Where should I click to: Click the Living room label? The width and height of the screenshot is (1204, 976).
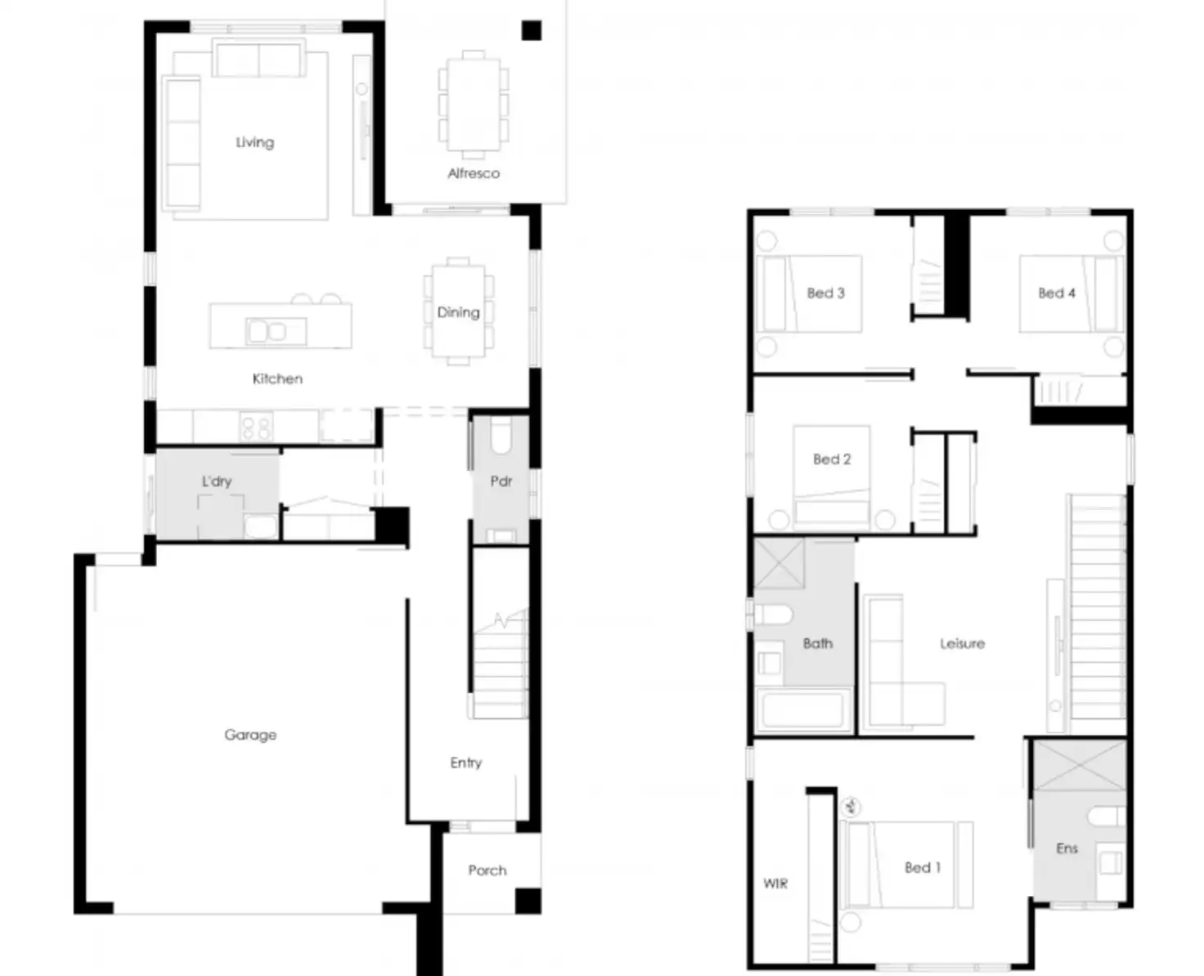pyautogui.click(x=254, y=142)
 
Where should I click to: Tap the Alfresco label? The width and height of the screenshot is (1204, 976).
pyautogui.click(x=474, y=173)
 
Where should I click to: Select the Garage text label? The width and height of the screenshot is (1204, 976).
pyautogui.click(x=250, y=735)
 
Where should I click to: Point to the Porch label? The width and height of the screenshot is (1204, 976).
pyautogui.click(x=487, y=871)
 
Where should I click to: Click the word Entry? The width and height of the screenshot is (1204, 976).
pyautogui.click(x=465, y=763)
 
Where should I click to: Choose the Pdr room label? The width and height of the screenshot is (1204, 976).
pyautogui.click(x=501, y=481)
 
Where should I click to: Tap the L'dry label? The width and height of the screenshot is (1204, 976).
pyautogui.click(x=217, y=481)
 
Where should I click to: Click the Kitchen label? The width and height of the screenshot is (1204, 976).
pyautogui.click(x=277, y=378)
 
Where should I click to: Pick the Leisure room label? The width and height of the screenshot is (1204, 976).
pyautogui.click(x=962, y=643)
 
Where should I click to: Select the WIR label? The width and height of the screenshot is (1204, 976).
pyautogui.click(x=775, y=884)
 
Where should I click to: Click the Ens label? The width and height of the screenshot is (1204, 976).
pyautogui.click(x=1067, y=848)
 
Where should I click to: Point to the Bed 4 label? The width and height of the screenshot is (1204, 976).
pyautogui.click(x=1057, y=293)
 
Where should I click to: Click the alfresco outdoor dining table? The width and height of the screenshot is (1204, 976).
pyautogui.click(x=474, y=104)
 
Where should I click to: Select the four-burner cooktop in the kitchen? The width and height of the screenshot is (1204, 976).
pyautogui.click(x=255, y=428)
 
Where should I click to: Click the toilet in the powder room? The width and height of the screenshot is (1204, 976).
pyautogui.click(x=501, y=437)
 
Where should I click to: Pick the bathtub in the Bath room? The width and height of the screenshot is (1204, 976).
pyautogui.click(x=802, y=710)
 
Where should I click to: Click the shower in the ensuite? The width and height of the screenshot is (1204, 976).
pyautogui.click(x=1080, y=765)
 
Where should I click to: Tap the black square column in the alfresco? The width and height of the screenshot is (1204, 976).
pyautogui.click(x=532, y=31)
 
